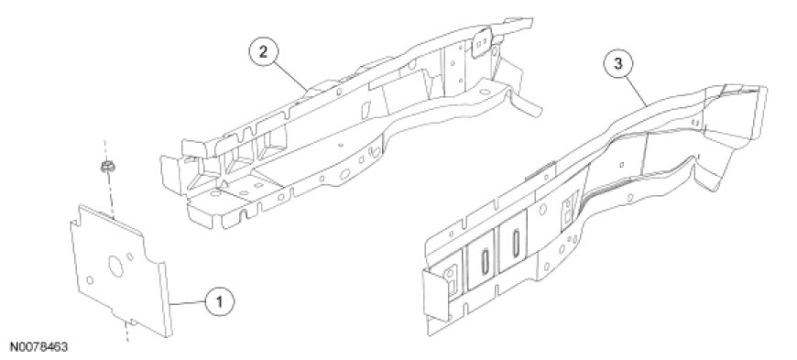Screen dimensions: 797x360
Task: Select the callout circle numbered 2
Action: [x=263, y=53]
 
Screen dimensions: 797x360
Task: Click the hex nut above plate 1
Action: [x=106, y=167]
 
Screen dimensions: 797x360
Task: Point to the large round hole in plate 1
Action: [x=115, y=266]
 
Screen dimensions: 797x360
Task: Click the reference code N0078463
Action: [x=34, y=348]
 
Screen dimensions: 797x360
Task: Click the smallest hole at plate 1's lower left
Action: [x=90, y=279]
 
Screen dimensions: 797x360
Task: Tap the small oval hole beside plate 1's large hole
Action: [x=131, y=257]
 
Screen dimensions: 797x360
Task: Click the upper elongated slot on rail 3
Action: [x=516, y=242]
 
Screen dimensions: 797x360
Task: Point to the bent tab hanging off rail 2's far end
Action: [x=526, y=105]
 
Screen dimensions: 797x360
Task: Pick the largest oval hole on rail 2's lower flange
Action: [x=344, y=174]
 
